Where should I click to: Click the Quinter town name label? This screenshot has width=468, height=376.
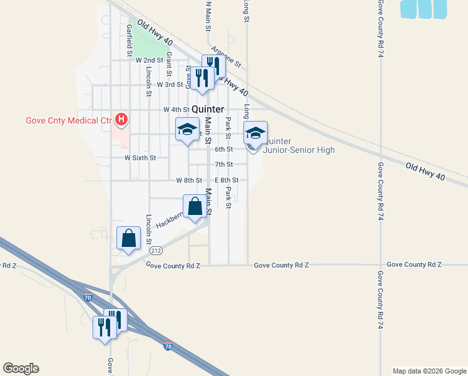(x=207, y=109)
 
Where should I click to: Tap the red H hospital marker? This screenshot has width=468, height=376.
(x=122, y=118)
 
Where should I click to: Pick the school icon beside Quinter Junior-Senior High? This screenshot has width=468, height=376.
(x=255, y=133)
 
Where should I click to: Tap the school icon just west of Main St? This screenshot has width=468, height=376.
(x=186, y=130)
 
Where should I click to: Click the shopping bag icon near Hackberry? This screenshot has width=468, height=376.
(x=195, y=206)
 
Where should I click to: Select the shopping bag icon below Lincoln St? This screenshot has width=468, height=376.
(x=128, y=239)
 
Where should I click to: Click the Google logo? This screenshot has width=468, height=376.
(x=21, y=368)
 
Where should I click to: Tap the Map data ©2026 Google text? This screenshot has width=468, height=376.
(x=429, y=371)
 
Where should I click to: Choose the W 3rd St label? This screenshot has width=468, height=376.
(x=170, y=85)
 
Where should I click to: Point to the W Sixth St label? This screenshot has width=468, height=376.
(x=140, y=158)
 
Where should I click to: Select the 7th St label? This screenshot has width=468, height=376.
(x=223, y=164)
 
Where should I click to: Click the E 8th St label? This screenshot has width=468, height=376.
(x=226, y=180)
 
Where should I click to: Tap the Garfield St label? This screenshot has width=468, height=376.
(x=129, y=39)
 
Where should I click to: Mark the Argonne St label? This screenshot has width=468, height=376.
(x=226, y=57)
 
